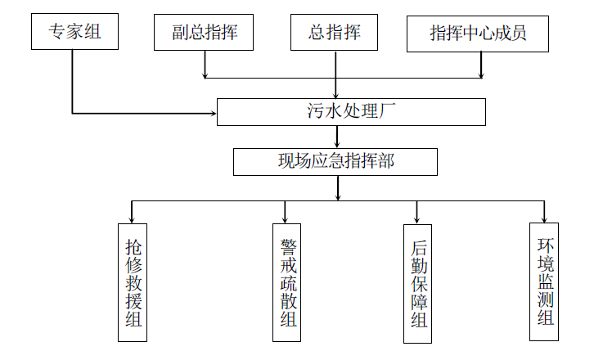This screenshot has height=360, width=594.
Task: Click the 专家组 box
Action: [x=73, y=33]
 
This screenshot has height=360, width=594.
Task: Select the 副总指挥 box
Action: [x=204, y=33]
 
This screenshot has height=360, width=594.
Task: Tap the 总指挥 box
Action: [x=336, y=33]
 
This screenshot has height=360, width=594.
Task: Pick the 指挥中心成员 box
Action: [x=478, y=33]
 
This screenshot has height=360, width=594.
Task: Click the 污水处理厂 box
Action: [x=351, y=112]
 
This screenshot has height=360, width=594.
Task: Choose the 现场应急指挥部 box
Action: [x=335, y=161]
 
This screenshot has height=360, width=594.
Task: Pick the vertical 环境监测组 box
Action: [x=546, y=281]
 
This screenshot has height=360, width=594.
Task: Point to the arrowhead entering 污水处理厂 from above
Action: [x=336, y=94]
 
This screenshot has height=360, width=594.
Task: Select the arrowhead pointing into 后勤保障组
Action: [x=416, y=220]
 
